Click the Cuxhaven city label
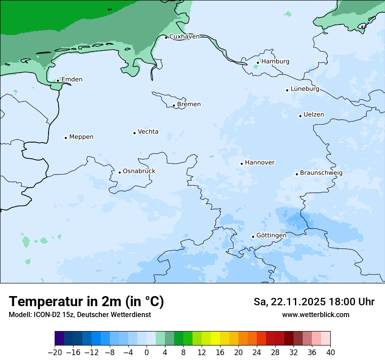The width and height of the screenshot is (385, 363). [184, 37]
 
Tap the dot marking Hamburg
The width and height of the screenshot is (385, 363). [258, 63]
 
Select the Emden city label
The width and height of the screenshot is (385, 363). [72, 80]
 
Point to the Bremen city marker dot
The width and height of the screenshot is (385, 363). [174, 105]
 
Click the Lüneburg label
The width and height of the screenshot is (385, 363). [304, 89]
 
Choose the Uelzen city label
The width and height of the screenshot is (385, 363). [314, 115]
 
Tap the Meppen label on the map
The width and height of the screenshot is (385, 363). [81, 137]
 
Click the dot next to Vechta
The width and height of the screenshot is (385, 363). [134, 133]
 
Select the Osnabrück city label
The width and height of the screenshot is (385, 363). [139, 171]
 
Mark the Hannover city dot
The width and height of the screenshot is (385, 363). [241, 164]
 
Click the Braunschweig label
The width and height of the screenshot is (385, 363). [321, 173]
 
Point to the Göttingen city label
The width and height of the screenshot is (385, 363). [271, 236]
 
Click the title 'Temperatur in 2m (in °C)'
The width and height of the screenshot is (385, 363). [86, 302]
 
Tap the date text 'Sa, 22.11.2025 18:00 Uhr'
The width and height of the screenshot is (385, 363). [314, 302]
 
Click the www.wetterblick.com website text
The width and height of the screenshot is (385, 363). [315, 315]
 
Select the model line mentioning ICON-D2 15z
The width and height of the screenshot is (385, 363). [80, 315]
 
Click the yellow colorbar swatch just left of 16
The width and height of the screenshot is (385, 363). [215, 339]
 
